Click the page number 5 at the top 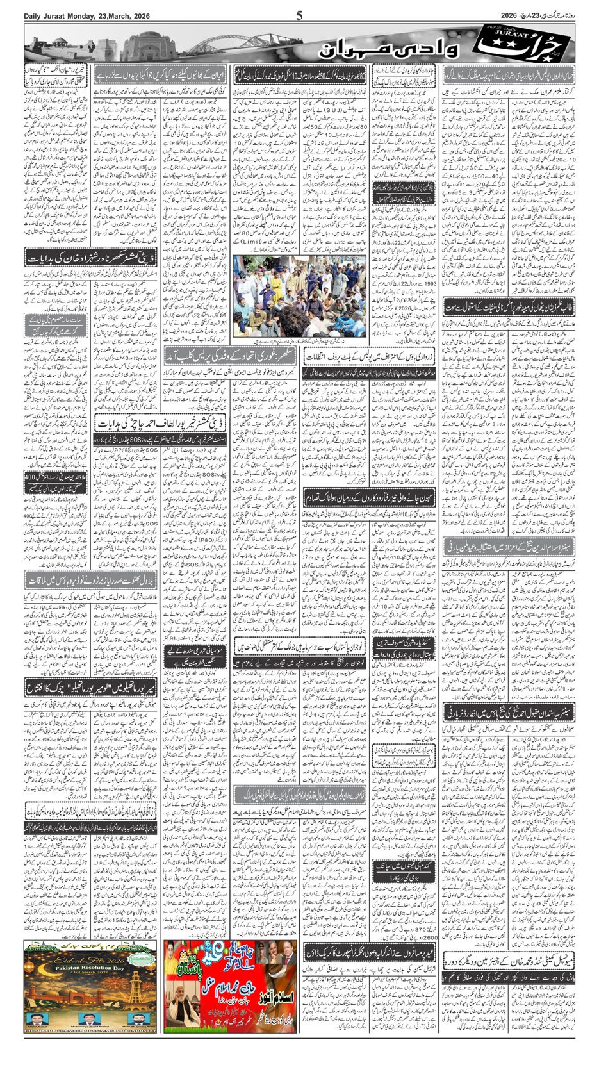(x=299, y=15)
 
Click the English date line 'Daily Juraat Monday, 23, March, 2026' (x=76, y=16)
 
